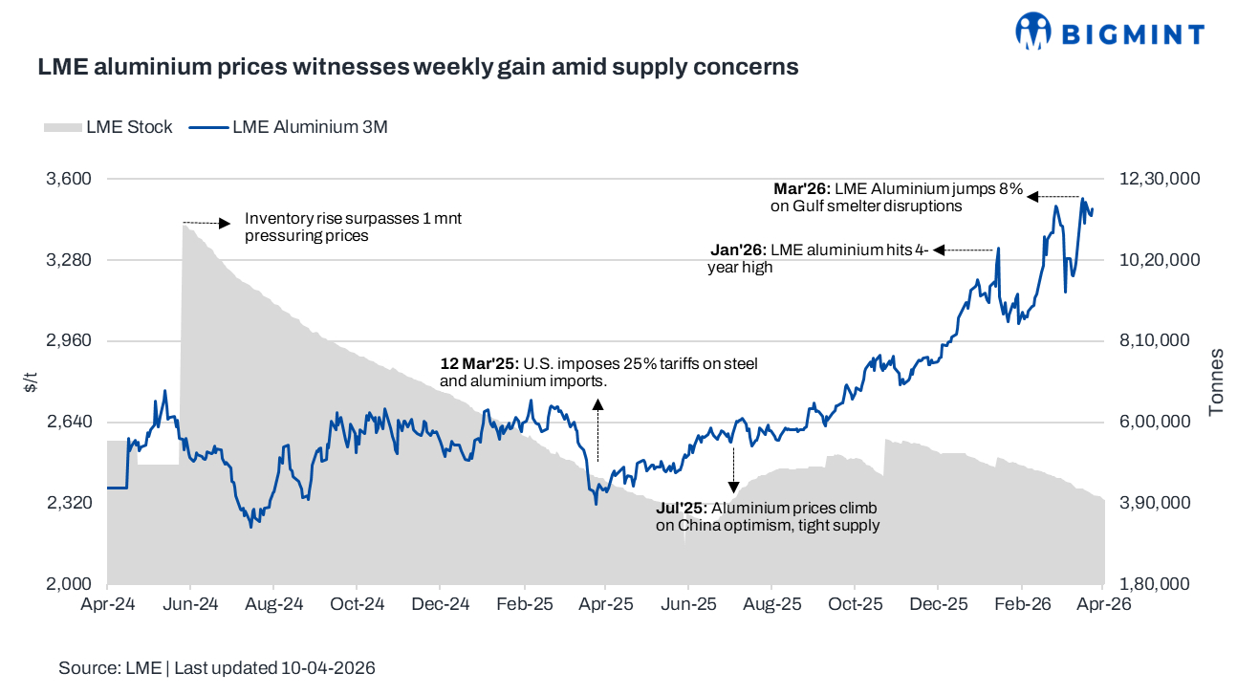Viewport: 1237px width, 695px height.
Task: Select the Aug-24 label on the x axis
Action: (x=273, y=605)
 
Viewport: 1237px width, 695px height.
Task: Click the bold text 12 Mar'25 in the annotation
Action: (x=478, y=364)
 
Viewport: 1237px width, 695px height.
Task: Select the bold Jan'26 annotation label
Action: (x=738, y=250)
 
